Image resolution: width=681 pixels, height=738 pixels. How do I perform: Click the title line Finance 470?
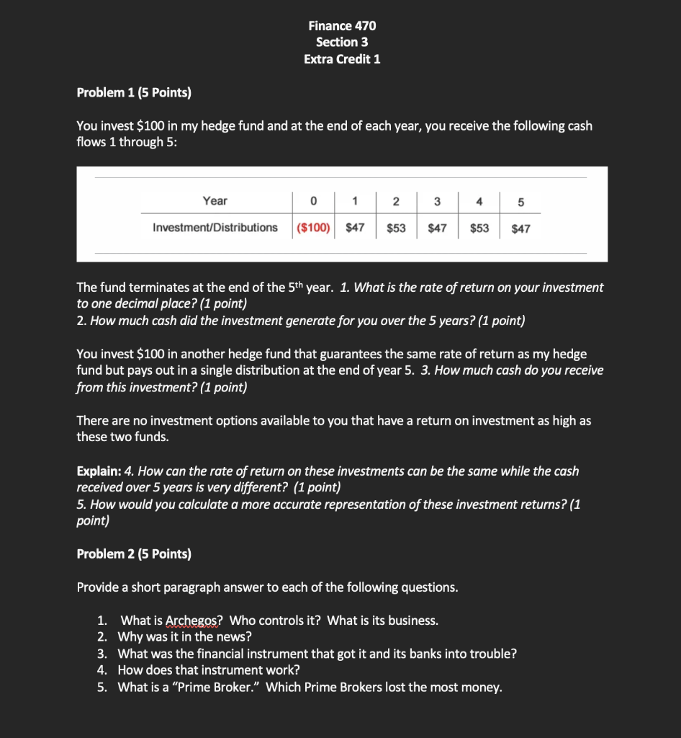(x=342, y=26)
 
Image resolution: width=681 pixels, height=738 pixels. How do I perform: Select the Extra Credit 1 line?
(x=342, y=59)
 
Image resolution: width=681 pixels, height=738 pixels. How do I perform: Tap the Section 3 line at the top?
(x=342, y=43)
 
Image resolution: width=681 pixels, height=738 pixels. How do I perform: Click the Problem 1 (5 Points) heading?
(x=134, y=93)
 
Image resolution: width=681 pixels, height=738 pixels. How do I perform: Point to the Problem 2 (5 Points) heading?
(x=134, y=553)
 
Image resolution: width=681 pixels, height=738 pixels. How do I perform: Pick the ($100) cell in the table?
(x=313, y=228)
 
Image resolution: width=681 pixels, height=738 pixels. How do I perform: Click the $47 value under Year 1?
(x=355, y=228)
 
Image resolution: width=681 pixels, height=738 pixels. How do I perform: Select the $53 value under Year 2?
(x=396, y=228)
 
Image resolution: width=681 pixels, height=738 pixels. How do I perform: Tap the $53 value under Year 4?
(x=479, y=228)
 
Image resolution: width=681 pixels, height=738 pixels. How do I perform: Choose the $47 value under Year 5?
(x=520, y=228)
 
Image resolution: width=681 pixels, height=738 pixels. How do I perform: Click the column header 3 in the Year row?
(x=437, y=201)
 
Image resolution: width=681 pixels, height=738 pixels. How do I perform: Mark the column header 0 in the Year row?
(x=313, y=201)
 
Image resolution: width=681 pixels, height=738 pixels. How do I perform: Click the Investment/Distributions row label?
(x=215, y=228)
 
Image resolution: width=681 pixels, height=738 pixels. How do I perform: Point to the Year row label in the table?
(x=215, y=201)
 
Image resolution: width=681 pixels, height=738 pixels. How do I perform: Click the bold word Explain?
(x=99, y=471)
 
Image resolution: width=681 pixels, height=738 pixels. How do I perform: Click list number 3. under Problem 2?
(x=103, y=654)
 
